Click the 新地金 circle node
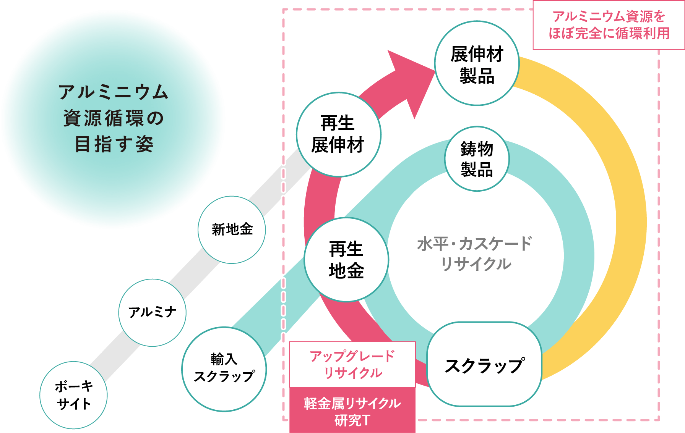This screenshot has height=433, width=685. (232, 229)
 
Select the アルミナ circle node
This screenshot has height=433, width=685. (152, 312)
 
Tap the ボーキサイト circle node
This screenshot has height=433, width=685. (73, 395)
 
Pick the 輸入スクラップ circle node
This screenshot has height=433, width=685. (224, 368)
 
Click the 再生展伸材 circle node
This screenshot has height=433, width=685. (338, 134)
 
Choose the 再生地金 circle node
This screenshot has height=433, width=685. (346, 260)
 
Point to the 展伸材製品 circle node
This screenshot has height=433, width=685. (477, 63)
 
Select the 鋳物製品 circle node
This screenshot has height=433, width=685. (477, 159)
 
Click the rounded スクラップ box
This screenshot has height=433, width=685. (484, 364)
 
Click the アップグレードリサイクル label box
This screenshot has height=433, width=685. (352, 364)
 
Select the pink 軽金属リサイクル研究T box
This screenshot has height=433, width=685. (352, 411)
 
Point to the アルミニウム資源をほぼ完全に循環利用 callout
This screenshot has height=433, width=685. (609, 25)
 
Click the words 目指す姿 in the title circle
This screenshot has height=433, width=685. (114, 144)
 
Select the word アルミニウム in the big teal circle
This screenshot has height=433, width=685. (114, 92)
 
